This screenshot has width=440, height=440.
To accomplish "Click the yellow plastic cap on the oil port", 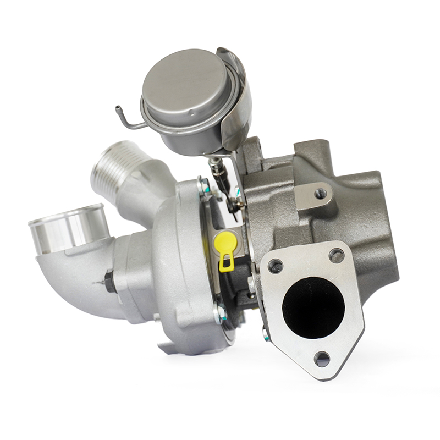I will coord(226,240).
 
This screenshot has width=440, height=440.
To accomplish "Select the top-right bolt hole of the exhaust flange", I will coord(336,256).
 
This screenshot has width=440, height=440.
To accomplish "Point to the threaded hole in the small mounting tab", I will coord(320,194).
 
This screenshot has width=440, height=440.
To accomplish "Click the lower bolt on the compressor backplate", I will coord(220,313).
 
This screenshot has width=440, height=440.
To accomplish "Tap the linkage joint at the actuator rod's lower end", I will coord(234,203).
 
